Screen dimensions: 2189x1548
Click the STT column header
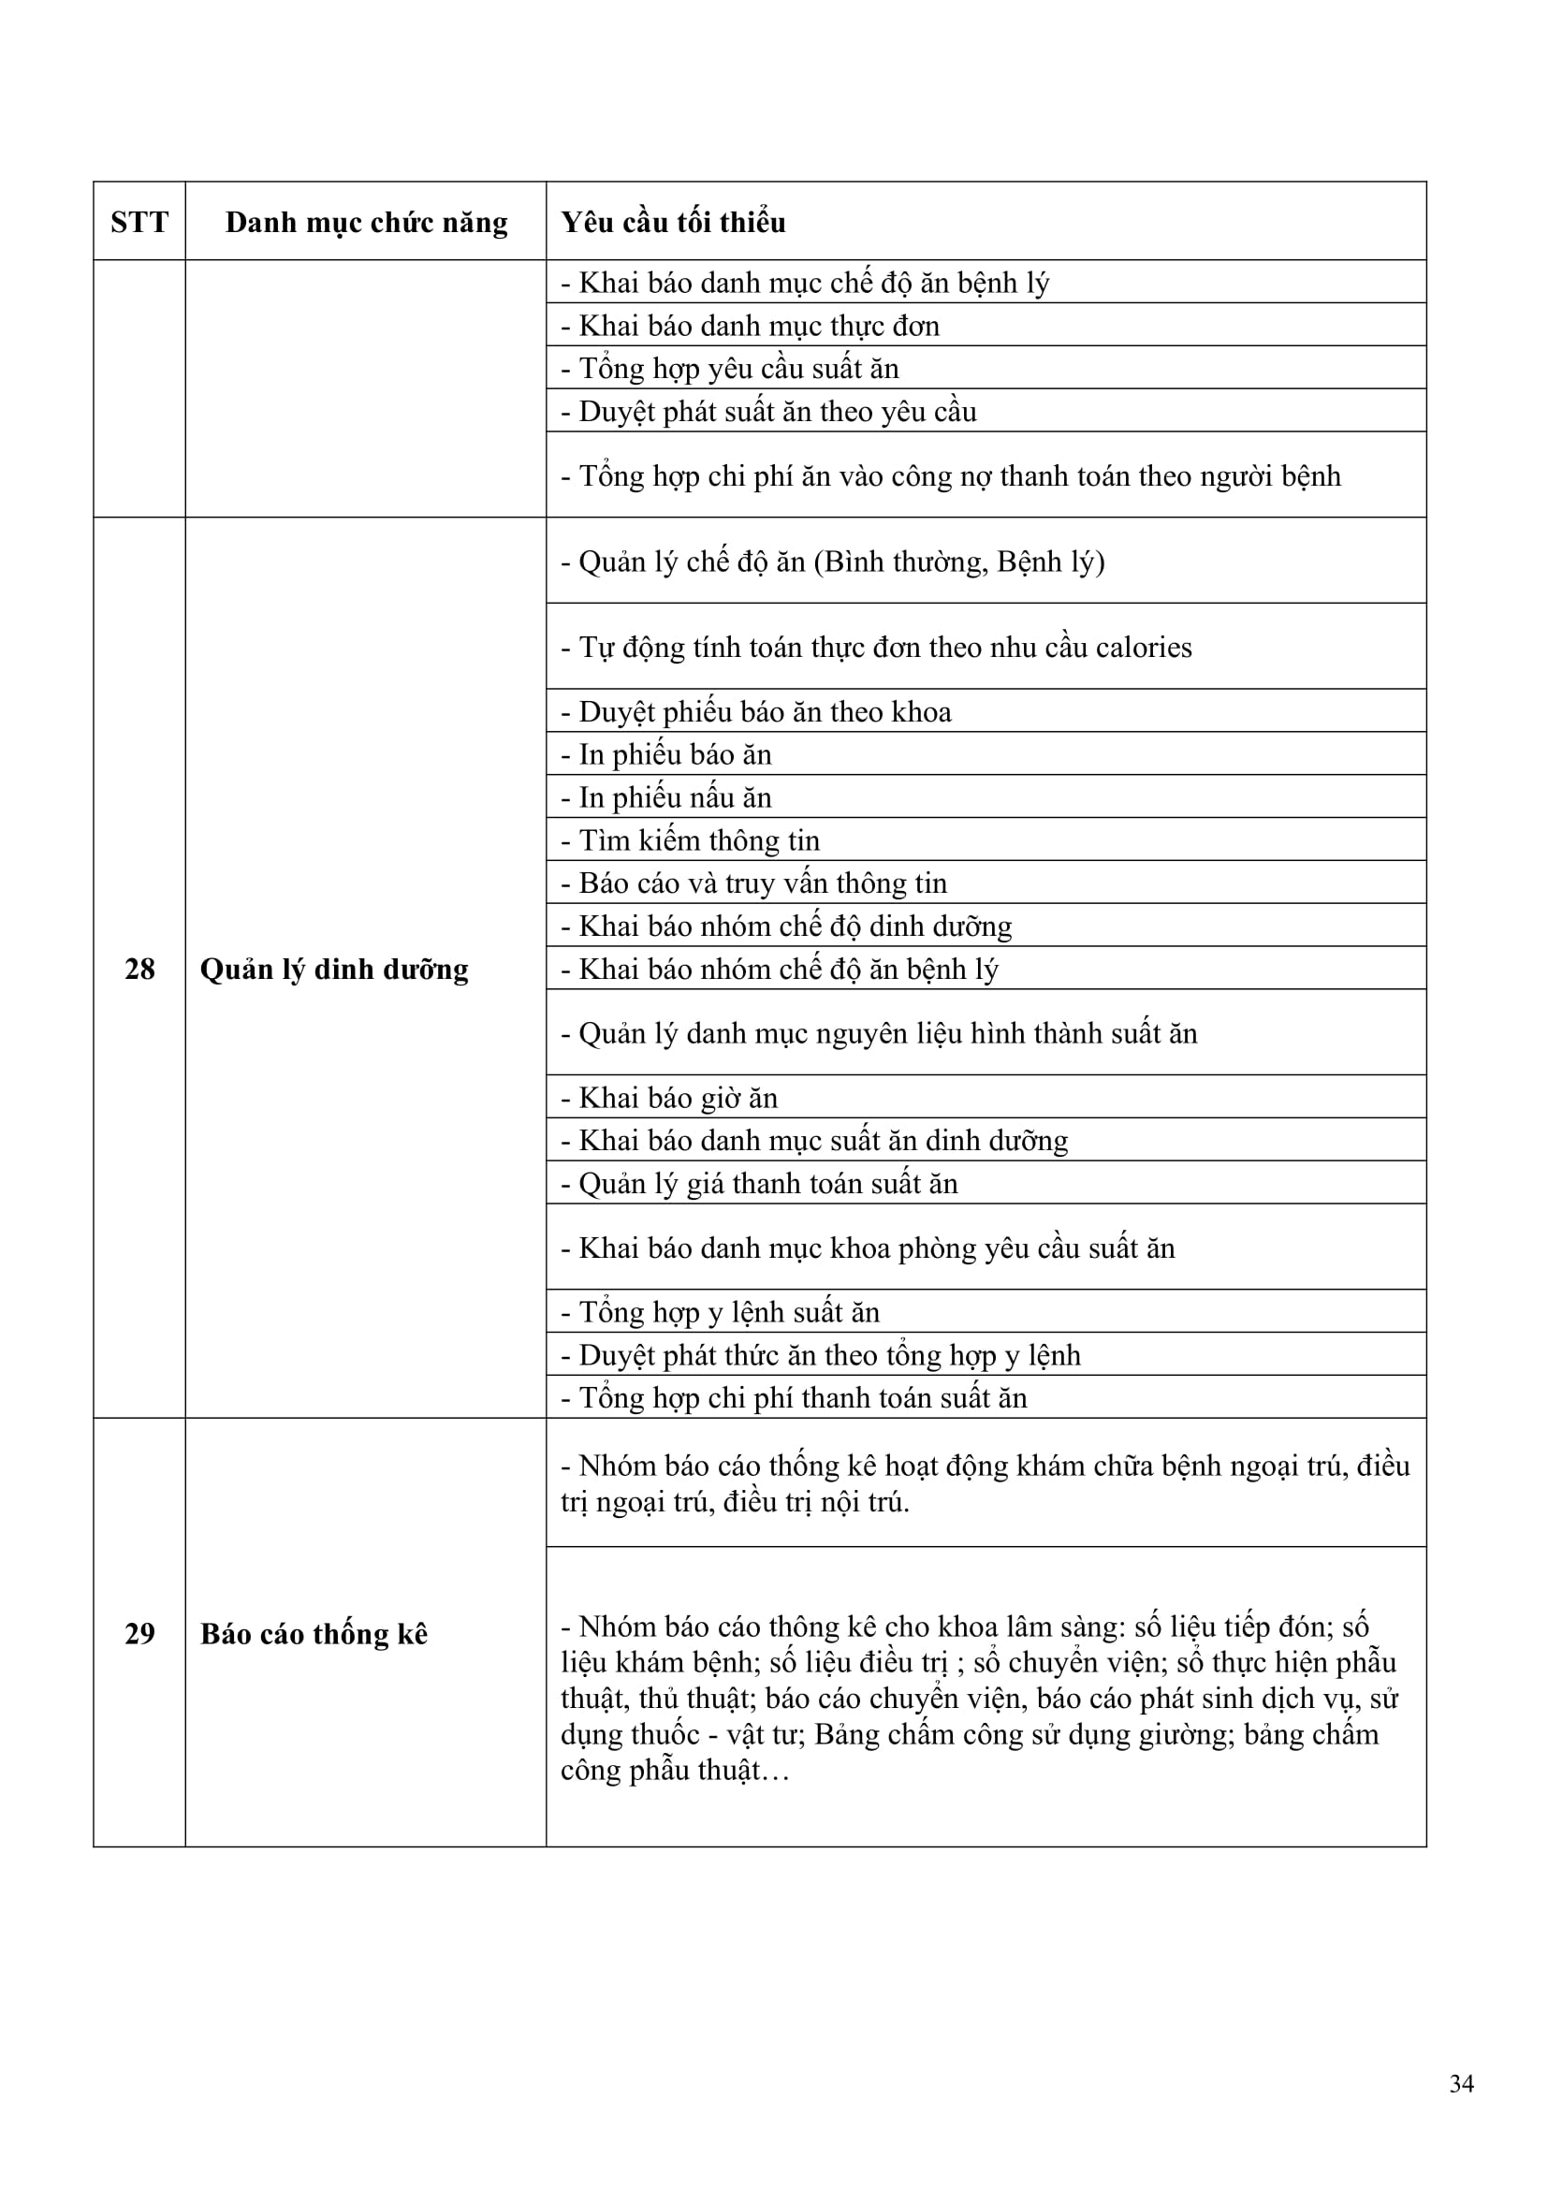coord(139,222)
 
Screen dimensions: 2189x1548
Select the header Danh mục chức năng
coord(366,222)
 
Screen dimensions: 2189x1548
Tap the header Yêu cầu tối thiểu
coord(673,222)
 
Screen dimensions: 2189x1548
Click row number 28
coord(139,969)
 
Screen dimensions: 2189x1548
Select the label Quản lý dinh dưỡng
coord(333,969)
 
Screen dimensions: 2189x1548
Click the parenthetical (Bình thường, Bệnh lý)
coord(959,562)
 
